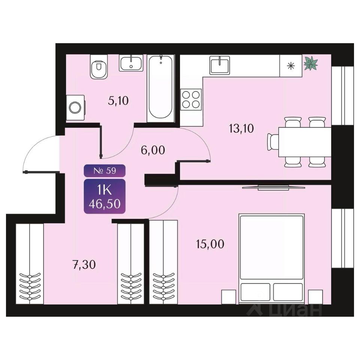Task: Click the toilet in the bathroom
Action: (99, 67)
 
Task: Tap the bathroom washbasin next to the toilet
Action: (131, 63)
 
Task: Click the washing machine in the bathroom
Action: (75, 108)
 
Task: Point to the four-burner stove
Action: (191, 99)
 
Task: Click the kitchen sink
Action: (219, 65)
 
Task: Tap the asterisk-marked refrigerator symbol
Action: (291, 66)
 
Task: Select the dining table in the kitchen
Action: (305, 142)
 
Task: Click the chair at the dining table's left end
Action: (273, 142)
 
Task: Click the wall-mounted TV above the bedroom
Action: (274, 187)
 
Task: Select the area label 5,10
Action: (118, 101)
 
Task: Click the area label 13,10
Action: (241, 129)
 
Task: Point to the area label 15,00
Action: (210, 244)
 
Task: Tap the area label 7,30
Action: (84, 265)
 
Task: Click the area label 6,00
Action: (153, 150)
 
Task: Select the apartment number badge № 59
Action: (105, 171)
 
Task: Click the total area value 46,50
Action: (105, 204)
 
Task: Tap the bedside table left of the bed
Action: (229, 297)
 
